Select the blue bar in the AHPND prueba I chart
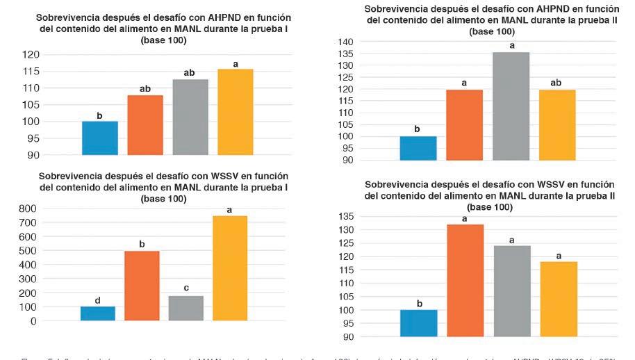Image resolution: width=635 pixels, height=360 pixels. pyautogui.click(x=99, y=138)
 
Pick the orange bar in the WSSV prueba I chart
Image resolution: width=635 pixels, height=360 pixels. pyautogui.click(x=142, y=286)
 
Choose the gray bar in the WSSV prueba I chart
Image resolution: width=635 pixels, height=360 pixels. pyautogui.click(x=186, y=308)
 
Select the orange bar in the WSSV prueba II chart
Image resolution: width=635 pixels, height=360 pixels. pyautogui.click(x=464, y=281)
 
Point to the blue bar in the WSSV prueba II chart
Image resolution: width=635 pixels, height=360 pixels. pyautogui.click(x=419, y=323)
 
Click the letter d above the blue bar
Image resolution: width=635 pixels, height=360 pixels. pyautogui.click(x=98, y=300)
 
